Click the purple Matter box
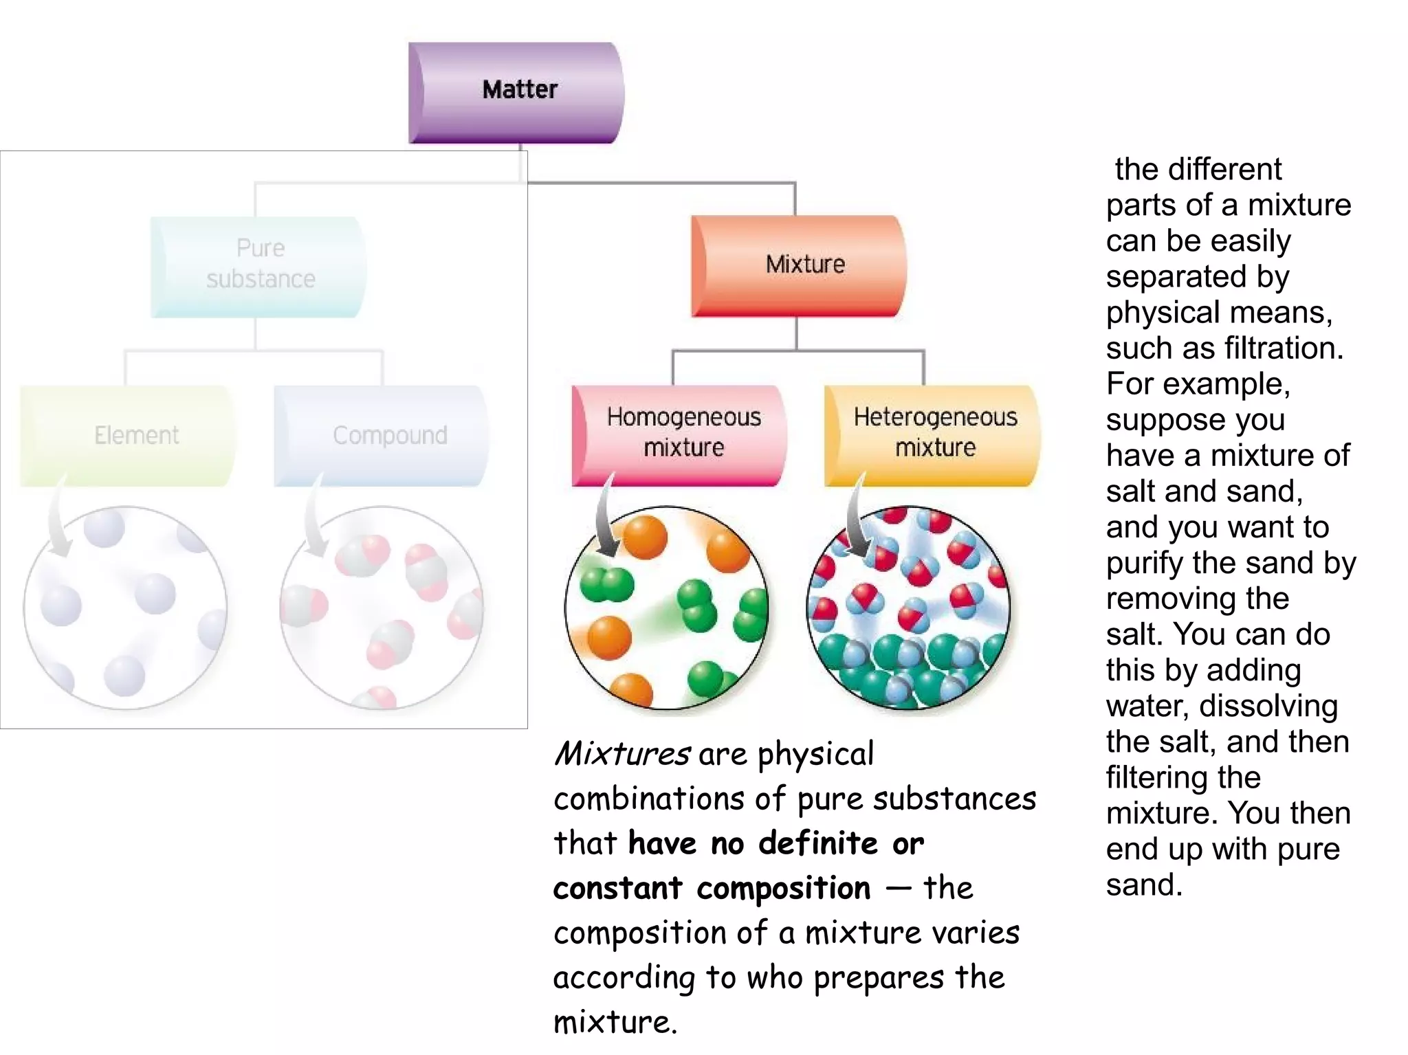pyautogui.click(x=517, y=92)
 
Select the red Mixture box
pyautogui.click(x=799, y=265)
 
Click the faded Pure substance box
pyautogui.click(x=258, y=266)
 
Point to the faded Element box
pyautogui.click(x=128, y=435)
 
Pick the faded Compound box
pyautogui.click(x=382, y=435)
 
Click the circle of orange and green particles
pyautogui.click(x=666, y=608)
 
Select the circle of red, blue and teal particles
pyautogui.click(x=908, y=608)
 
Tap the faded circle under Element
pyautogui.click(x=125, y=608)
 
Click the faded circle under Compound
pyautogui.click(x=382, y=608)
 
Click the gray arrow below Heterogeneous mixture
pyautogui.click(x=854, y=519)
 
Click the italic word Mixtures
pyautogui.click(x=621, y=755)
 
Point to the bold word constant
pyautogui.click(x=617, y=889)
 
